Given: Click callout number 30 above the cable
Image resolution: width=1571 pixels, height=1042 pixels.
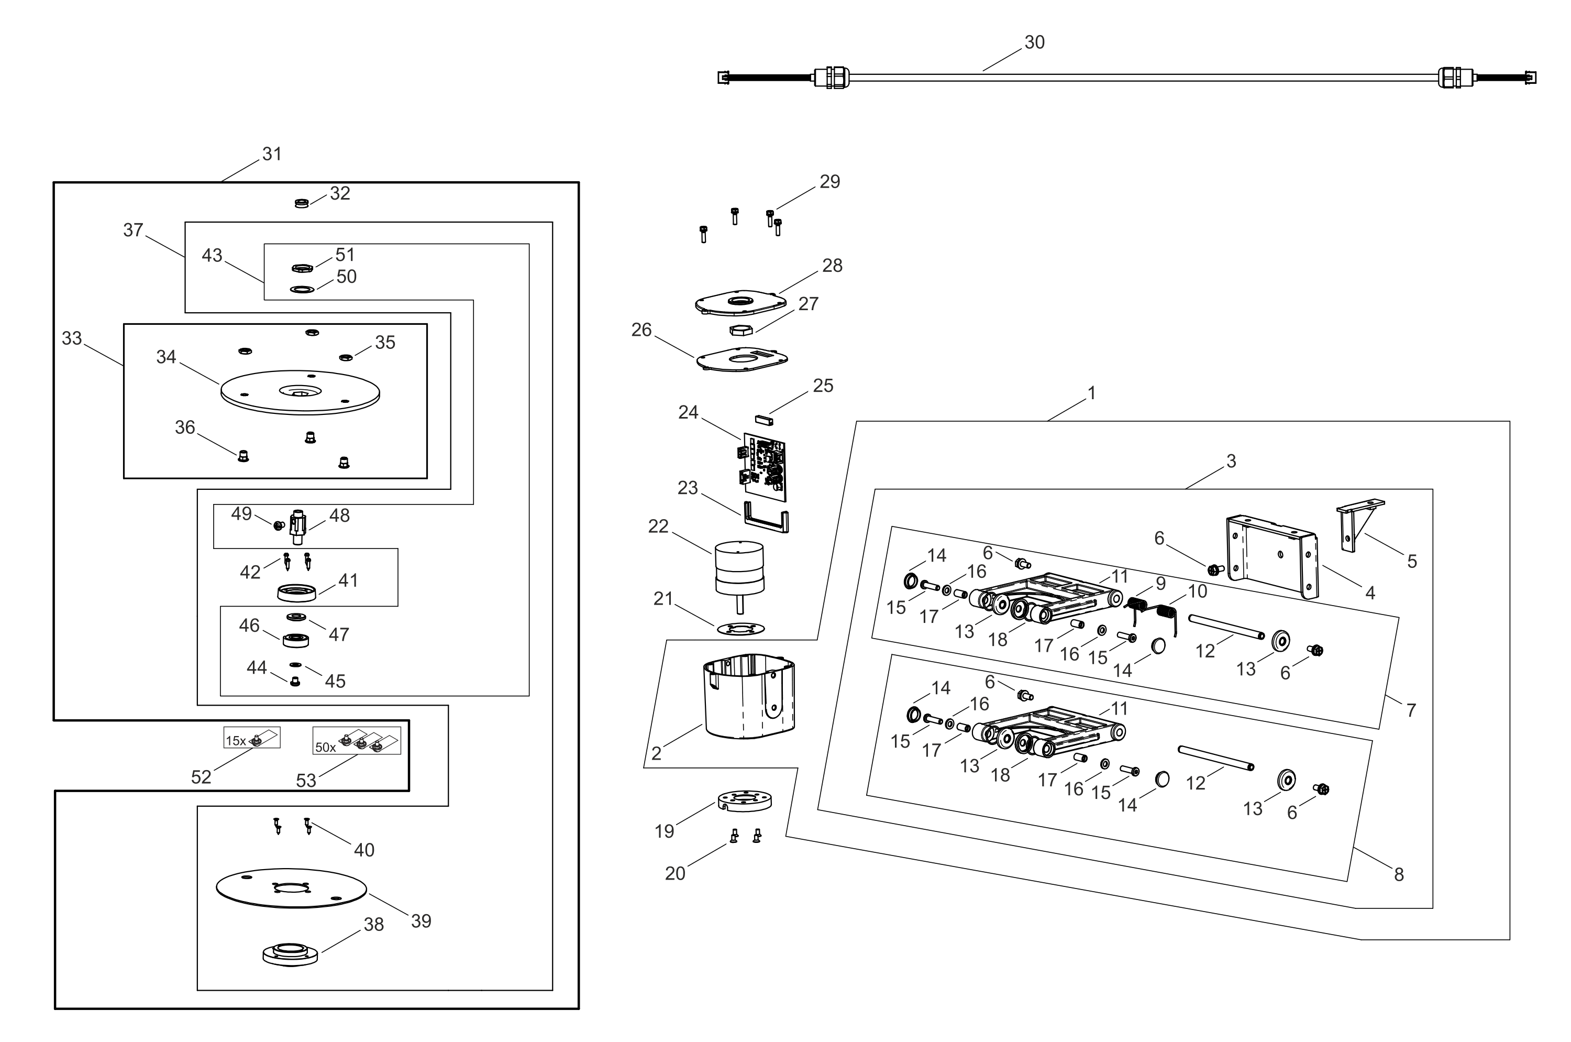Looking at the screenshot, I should pyautogui.click(x=1034, y=42).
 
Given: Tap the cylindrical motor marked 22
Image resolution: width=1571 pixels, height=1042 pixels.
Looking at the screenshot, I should pyautogui.click(x=739, y=568).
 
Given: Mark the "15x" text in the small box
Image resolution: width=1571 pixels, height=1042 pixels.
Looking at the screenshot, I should pyautogui.click(x=236, y=740).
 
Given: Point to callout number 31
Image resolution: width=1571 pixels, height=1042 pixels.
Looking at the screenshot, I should pyautogui.click(x=272, y=154).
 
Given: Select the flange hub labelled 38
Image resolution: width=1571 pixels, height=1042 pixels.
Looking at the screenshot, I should pyautogui.click(x=290, y=953).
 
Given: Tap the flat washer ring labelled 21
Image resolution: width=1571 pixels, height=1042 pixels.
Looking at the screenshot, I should pyautogui.click(x=740, y=629).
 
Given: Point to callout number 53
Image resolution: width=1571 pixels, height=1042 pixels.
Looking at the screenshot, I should pyautogui.click(x=306, y=780).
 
